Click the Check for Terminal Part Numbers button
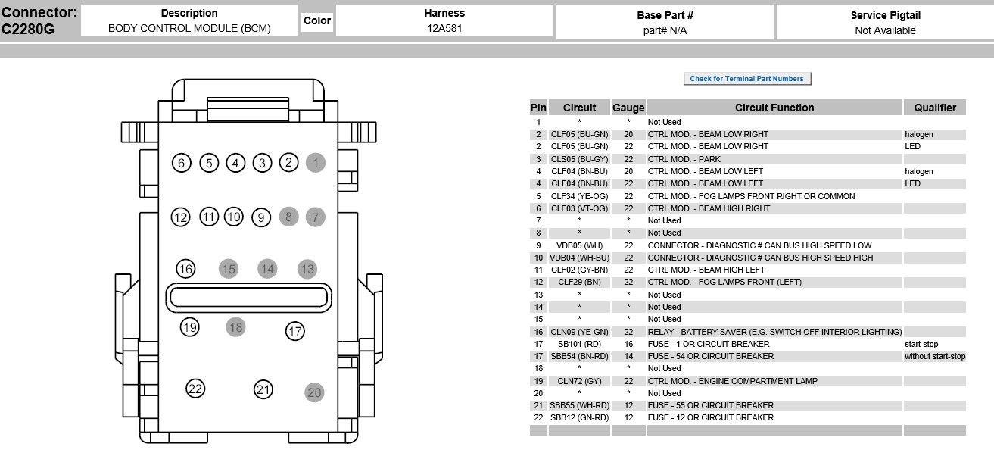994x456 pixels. [x=747, y=79]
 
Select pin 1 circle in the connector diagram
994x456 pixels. [x=315, y=162]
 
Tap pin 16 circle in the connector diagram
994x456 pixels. [x=185, y=269]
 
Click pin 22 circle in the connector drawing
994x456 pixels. [x=195, y=389]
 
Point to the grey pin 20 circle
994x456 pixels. [x=314, y=392]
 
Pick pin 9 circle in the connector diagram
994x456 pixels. [x=261, y=217]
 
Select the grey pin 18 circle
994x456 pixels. [x=235, y=327]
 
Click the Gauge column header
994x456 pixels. [x=628, y=108]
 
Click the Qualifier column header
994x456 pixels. [x=935, y=108]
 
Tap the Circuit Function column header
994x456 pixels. [x=774, y=108]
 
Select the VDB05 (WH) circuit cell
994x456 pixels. [x=579, y=245]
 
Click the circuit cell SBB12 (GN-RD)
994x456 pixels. [x=579, y=417]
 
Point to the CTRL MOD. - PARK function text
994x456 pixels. [x=684, y=159]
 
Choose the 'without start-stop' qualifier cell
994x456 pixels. [x=935, y=356]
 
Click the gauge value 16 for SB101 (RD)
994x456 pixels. [x=628, y=344]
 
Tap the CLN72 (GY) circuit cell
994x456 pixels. [x=579, y=381]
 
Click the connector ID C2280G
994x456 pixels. [x=28, y=30]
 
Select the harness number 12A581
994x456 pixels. [x=444, y=29]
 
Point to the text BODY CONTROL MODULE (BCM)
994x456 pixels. [x=189, y=29]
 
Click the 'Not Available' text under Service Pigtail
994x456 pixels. [x=885, y=30]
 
